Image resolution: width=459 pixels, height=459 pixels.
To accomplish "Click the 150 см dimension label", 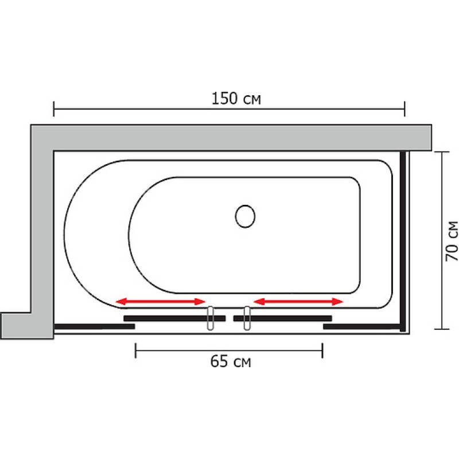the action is pos(236,99).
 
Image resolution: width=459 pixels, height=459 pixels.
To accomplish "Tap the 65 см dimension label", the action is pos(231,361).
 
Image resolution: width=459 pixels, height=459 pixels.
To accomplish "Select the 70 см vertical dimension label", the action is pos(452,241).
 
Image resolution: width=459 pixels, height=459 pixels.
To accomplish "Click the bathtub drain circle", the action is pos(245,216).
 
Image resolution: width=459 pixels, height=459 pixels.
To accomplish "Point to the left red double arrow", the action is pos(161,302).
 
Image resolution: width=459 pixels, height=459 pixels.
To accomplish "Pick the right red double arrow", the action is pos(298,302).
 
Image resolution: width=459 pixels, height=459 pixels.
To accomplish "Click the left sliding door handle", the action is pos(210,318).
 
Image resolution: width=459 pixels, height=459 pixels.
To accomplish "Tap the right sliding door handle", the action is pos(247,318).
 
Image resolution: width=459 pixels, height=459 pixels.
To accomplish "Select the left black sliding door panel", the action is pos(174,318).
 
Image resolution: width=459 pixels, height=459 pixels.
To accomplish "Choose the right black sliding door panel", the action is pos(282,318).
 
